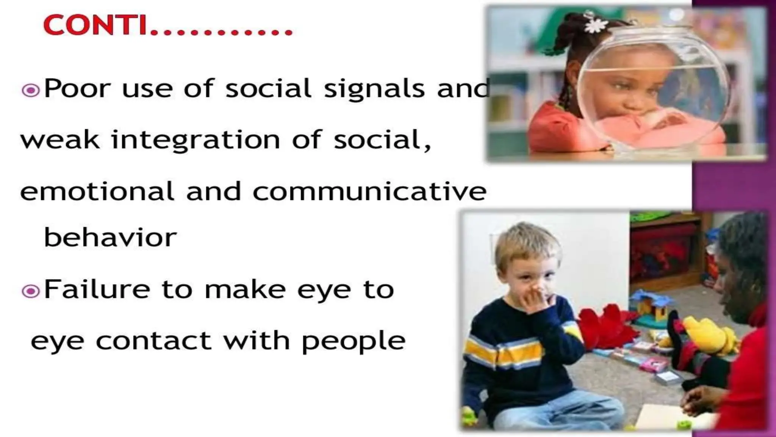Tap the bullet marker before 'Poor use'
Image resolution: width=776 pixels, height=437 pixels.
[31, 91]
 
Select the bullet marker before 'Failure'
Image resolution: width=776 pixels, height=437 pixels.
[31, 291]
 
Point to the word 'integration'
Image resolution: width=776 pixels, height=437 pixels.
[196, 140]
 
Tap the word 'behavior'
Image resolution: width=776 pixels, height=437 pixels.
[110, 237]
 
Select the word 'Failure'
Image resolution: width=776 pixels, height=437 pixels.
[97, 289]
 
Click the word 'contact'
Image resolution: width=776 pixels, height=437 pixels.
[153, 340]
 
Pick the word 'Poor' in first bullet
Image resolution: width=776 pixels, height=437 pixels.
[77, 89]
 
